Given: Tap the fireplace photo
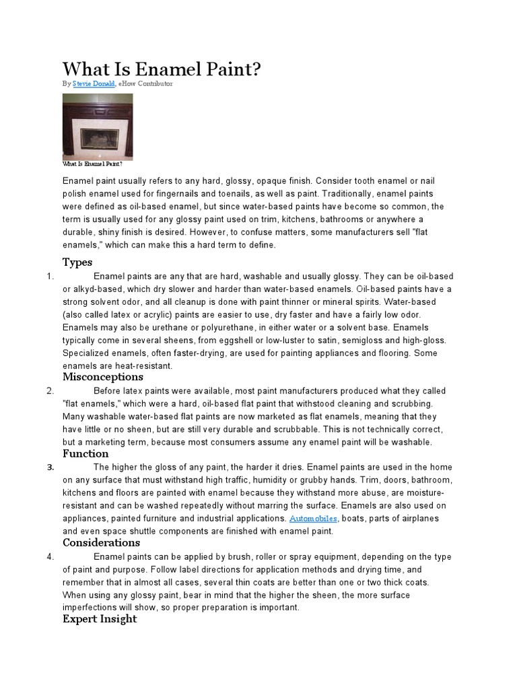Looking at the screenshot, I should [98, 126].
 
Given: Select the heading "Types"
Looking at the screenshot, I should [77, 262].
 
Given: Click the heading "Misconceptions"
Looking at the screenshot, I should [103, 377].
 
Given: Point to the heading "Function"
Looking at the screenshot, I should [86, 454].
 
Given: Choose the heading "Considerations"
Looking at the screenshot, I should [102, 542].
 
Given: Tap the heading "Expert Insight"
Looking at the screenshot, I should [100, 619].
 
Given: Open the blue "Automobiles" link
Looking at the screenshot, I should [314, 518].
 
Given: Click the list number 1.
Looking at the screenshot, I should [50, 276].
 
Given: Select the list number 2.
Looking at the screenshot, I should [50, 391].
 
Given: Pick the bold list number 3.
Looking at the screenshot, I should [50, 468].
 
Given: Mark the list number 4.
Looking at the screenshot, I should [50, 557].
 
